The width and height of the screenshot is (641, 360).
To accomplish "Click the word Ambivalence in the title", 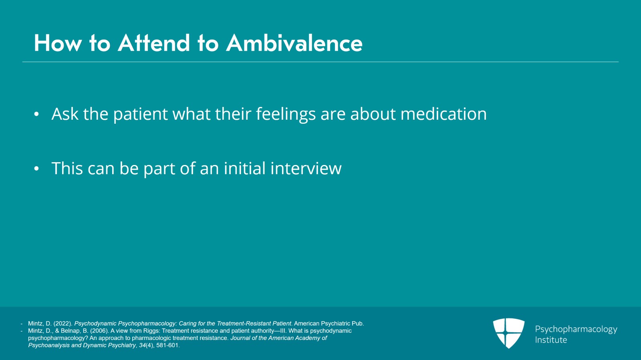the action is pyautogui.click(x=294, y=43).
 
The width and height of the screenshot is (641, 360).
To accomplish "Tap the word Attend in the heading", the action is pyautogui.click(x=154, y=43).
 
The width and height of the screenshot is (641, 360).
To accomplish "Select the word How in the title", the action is pyautogui.click(x=58, y=43).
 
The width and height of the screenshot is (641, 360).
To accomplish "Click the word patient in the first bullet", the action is pyautogui.click(x=140, y=114).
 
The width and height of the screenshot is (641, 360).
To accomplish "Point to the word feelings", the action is pyautogui.click(x=286, y=114).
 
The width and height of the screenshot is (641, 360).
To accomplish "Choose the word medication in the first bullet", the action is pyautogui.click(x=443, y=114).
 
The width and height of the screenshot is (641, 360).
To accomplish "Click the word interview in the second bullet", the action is pyautogui.click(x=306, y=168).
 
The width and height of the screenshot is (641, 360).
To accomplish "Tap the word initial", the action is pyautogui.click(x=245, y=168).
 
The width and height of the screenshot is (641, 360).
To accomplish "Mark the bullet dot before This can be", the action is pyautogui.click(x=36, y=169).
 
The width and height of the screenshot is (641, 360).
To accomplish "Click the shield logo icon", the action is pyautogui.click(x=508, y=333).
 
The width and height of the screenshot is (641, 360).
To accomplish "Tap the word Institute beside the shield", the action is pyautogui.click(x=551, y=340).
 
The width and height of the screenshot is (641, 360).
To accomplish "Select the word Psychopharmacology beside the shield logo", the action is pyautogui.click(x=576, y=330).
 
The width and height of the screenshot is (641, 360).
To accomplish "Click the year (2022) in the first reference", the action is pyautogui.click(x=63, y=324).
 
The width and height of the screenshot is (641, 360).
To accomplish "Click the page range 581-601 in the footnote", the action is pyautogui.click(x=168, y=346).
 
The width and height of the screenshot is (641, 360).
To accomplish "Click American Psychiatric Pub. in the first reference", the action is pyautogui.click(x=329, y=324).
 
